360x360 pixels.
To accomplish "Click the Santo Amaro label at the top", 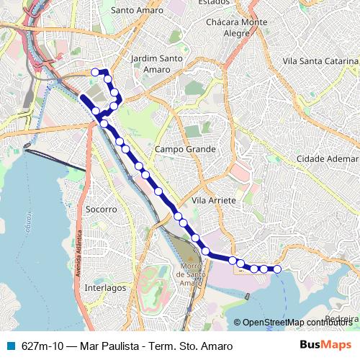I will click(x=138, y=11).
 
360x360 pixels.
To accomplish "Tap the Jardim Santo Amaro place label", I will click(x=150, y=64).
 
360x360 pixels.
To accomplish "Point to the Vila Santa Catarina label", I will click(x=320, y=63).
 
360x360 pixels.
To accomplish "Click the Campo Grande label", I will click(x=185, y=149).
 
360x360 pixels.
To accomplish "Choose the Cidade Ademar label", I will click(x=327, y=158).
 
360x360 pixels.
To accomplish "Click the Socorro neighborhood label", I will click(x=101, y=210).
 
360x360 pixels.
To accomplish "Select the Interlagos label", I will click(x=105, y=287).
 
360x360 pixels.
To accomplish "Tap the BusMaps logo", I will click(x=326, y=345).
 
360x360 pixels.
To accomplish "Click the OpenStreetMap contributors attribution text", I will click(x=298, y=322).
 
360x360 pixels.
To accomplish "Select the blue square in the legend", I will click(x=10, y=346).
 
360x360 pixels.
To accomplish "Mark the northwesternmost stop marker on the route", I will click(x=94, y=71).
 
